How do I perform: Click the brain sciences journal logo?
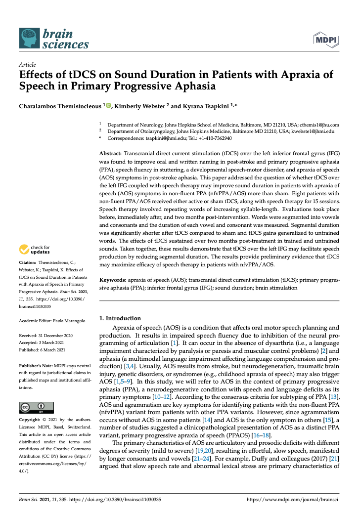point(53,38)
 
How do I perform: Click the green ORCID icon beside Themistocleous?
point(109,105)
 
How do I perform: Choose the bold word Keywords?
point(113,280)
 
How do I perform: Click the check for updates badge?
point(35,250)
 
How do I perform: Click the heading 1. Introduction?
point(120,318)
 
